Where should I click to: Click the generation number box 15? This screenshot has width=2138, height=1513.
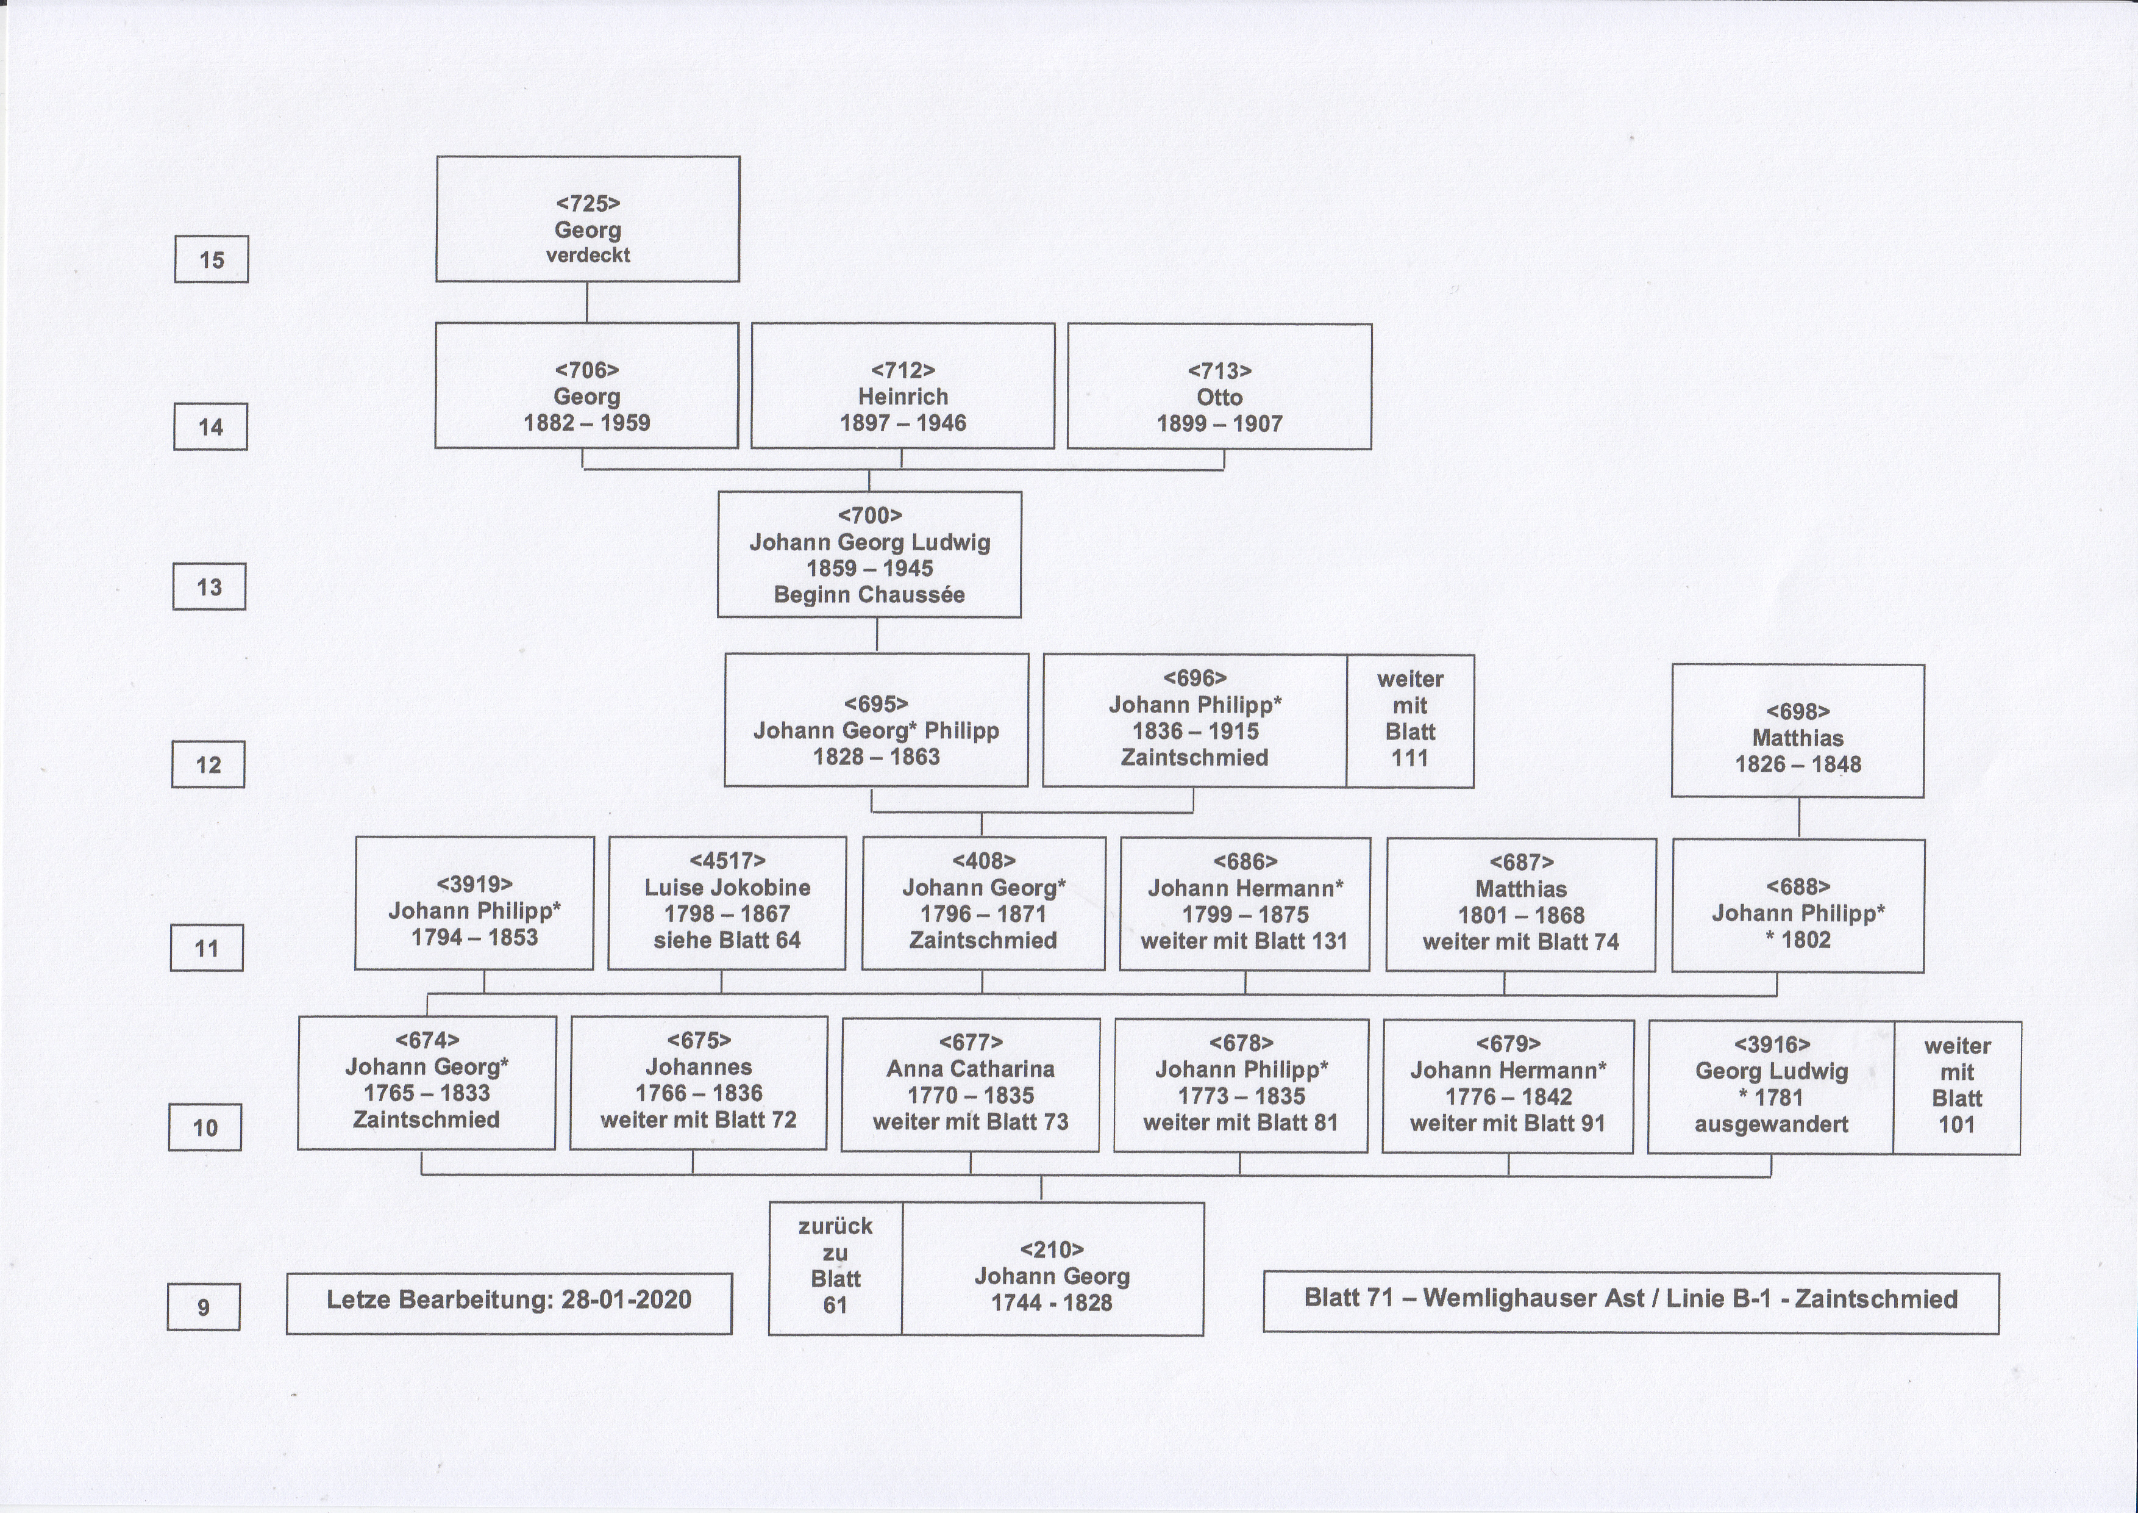click(x=212, y=260)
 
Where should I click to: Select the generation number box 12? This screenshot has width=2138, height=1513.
click(x=208, y=765)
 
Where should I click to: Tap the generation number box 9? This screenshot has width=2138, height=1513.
click(x=203, y=1307)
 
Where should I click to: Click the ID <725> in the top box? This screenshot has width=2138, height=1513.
click(x=588, y=203)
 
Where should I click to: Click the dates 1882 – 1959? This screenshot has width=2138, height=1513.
click(x=586, y=423)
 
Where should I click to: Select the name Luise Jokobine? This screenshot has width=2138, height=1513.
click(x=727, y=888)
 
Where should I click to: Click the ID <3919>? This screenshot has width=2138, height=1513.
click(x=474, y=883)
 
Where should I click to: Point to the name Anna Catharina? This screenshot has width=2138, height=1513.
click(x=971, y=1069)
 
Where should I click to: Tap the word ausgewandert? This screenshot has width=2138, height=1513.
click(x=1771, y=1124)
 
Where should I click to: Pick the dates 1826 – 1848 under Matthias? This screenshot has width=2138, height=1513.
click(x=1797, y=765)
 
